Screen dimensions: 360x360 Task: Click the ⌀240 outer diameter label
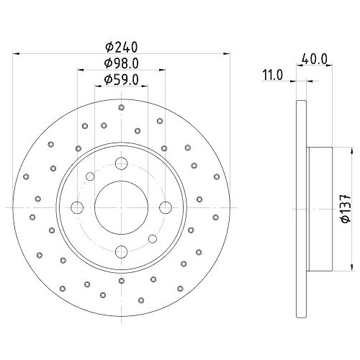[x=120, y=47]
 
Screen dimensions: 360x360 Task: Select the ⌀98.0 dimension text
[x=120, y=63]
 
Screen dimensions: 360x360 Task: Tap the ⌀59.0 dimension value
[x=120, y=79]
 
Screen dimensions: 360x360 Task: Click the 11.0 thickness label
[x=271, y=73]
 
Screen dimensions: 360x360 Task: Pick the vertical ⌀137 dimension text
[x=345, y=208]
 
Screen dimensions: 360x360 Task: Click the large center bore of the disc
[x=120, y=208]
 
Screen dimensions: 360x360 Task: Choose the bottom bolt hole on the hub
[x=120, y=251]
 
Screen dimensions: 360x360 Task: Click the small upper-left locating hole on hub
[x=90, y=177]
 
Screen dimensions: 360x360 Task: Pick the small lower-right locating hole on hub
[x=151, y=239]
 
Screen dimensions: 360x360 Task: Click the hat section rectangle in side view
[x=320, y=208]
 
